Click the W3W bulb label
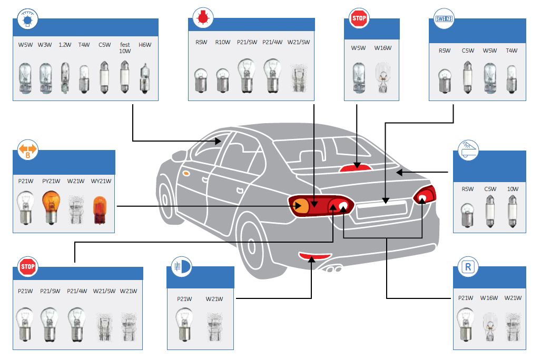[x=44, y=45]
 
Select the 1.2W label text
[x=64, y=45]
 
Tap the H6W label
[x=145, y=45]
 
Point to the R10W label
[x=222, y=42]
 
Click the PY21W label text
[x=51, y=181]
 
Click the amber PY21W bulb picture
[x=51, y=206]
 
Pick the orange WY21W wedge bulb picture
[x=99, y=209]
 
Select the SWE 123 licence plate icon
[x=444, y=20]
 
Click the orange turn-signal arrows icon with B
[x=28, y=150]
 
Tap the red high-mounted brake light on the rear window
[x=357, y=167]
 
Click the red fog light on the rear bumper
[x=312, y=256]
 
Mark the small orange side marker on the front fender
[x=185, y=173]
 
